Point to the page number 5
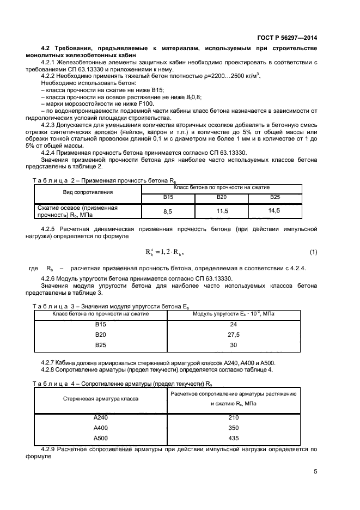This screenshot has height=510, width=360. click(x=315, y=471)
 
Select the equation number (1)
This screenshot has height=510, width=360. click(x=313, y=252)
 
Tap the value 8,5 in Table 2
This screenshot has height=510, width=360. click(x=168, y=210)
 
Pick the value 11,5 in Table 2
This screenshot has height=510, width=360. click(x=221, y=210)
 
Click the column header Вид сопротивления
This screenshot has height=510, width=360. click(x=87, y=192)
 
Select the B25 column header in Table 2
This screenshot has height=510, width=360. click(x=274, y=197)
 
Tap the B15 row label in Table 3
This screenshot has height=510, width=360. click(x=100, y=325)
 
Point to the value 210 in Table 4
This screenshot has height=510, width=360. click(x=234, y=417)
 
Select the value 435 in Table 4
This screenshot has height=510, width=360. click(x=234, y=438)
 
